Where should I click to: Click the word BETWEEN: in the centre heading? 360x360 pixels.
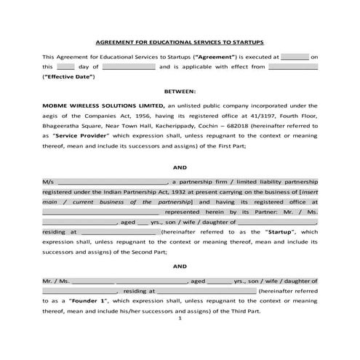pyautogui.click(x=180, y=92)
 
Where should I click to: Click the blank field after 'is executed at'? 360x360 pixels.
pyautogui.click(x=294, y=55)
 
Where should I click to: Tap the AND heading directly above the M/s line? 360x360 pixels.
pyautogui.click(x=180, y=167)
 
